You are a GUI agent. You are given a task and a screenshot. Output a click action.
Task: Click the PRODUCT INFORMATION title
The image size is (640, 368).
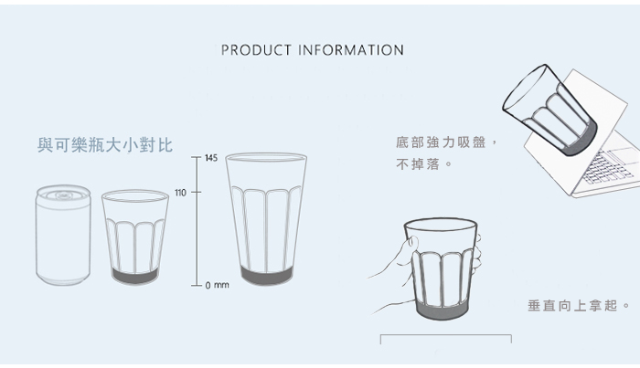[x=313, y=50]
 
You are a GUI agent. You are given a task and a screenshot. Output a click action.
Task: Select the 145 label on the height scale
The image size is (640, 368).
[x=211, y=158]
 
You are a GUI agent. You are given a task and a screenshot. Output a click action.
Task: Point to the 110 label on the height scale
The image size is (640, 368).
[x=180, y=193]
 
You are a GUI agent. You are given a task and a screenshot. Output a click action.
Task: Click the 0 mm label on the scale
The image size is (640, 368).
[x=218, y=285]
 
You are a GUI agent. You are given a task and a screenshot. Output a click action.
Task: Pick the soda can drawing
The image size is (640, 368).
[x=63, y=236]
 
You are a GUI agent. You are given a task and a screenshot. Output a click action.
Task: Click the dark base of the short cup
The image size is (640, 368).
[x=135, y=277]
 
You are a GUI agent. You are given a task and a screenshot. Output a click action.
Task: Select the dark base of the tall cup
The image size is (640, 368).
[x=266, y=275]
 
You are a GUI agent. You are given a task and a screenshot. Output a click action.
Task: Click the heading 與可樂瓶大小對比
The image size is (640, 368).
[x=105, y=145]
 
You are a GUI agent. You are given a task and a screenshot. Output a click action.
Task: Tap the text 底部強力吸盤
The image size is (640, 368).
[x=441, y=142]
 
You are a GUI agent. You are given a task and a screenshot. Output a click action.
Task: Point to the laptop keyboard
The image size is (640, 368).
[x=608, y=167]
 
